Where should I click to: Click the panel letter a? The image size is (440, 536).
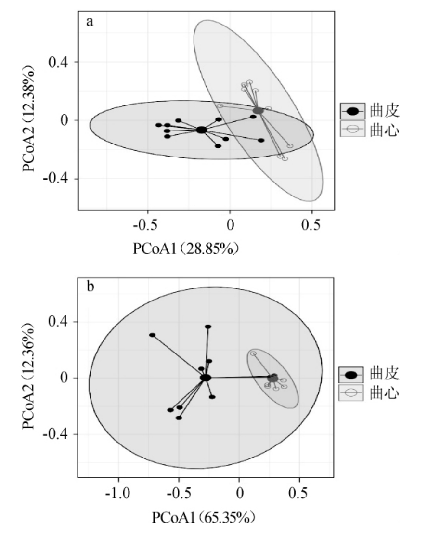tap(89, 22)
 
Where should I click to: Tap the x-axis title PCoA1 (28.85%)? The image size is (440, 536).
tap(186, 249)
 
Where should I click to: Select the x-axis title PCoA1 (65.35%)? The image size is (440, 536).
tap(202, 518)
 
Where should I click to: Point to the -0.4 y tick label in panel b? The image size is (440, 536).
tap(54, 434)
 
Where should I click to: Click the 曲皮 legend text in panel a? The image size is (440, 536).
tap(385, 111)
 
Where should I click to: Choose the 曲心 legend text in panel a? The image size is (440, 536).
tap(385, 129)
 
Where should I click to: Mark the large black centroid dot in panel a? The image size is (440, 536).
tap(201, 130)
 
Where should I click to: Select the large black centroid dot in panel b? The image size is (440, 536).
tap(206, 378)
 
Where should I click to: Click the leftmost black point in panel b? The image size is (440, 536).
tap(152, 335)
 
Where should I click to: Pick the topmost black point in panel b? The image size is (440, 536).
tap(208, 327)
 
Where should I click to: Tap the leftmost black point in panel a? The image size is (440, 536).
tap(158, 125)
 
